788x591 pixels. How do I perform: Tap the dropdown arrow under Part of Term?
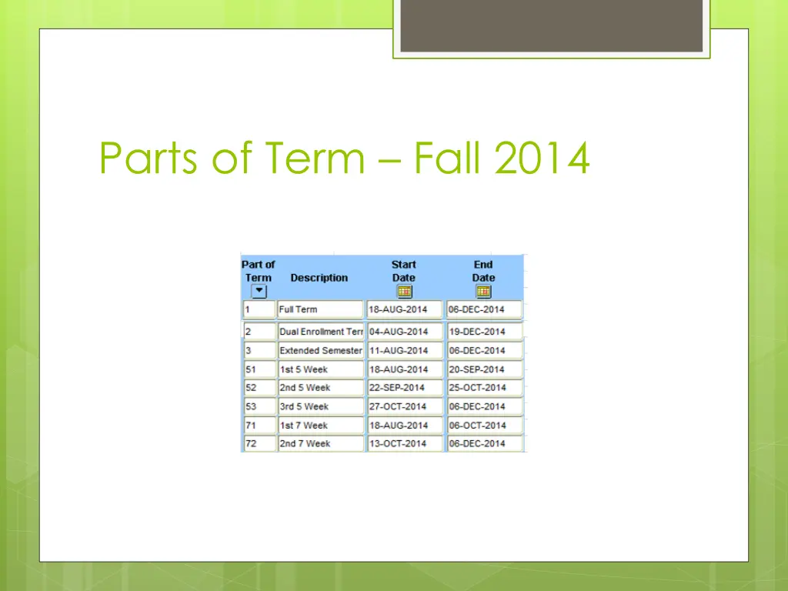[x=259, y=292]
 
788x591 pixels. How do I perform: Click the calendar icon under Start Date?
[x=404, y=292]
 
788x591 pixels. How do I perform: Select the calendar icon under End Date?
[x=483, y=292]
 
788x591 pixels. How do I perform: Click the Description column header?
[x=319, y=278]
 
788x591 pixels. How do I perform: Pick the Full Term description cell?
[x=320, y=309]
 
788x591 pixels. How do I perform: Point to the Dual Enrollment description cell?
[x=320, y=332]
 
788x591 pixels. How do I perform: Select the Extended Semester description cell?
[x=320, y=350]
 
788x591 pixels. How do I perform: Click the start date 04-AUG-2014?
[x=405, y=332]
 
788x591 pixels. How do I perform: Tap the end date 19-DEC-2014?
[x=484, y=332]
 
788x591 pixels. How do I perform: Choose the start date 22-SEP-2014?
[x=405, y=388]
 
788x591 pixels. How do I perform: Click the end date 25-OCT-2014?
[x=484, y=388]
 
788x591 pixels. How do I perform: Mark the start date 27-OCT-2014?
[x=405, y=406]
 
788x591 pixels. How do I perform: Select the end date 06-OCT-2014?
[x=484, y=425]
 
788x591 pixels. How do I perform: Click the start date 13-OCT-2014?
[x=405, y=443]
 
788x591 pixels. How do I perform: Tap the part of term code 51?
[x=259, y=369]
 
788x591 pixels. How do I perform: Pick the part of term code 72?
[x=259, y=443]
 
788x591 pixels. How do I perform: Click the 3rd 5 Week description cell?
[x=320, y=406]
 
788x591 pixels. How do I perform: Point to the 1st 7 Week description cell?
[x=320, y=425]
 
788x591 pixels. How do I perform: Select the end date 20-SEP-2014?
[x=484, y=369]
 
